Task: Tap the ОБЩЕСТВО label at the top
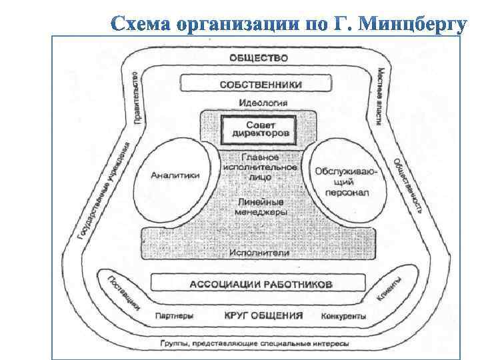coord(258,57)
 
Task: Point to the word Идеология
coord(263,103)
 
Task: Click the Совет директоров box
coord(259,129)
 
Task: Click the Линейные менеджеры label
coord(261,206)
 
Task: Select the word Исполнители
coord(260,253)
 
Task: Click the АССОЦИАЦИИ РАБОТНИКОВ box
coord(261,283)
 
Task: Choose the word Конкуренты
coord(343,315)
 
